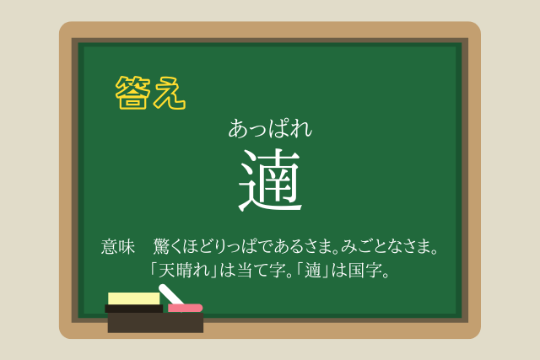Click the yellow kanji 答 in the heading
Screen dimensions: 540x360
(x=133, y=92)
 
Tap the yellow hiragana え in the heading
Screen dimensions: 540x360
(x=170, y=93)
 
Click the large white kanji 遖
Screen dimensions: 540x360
(x=270, y=180)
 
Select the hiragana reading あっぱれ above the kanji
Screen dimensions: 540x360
(x=270, y=129)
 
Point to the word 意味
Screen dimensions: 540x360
(x=117, y=247)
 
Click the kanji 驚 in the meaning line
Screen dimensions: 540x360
(x=161, y=246)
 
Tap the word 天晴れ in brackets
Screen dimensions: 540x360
(x=184, y=270)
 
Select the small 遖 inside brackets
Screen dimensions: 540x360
(x=313, y=270)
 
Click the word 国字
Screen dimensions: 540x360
(x=364, y=270)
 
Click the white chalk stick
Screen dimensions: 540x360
(x=170, y=294)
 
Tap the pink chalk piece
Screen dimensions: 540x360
(x=185, y=308)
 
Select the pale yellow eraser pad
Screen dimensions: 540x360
(x=133, y=298)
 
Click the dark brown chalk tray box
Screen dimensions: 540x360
(x=155, y=323)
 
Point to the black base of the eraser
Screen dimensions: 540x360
(x=133, y=309)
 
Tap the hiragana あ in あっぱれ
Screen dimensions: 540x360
(x=239, y=129)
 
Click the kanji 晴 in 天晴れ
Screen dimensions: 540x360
(x=184, y=270)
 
